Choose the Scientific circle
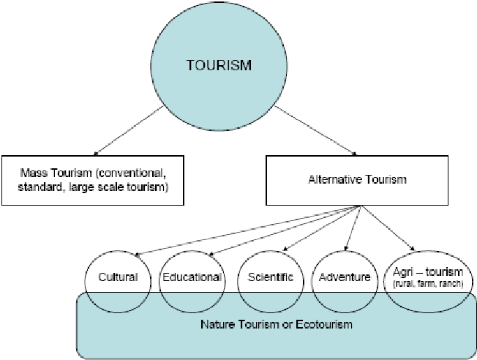(x=270, y=277)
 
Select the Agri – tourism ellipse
(x=427, y=277)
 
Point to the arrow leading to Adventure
(x=350, y=230)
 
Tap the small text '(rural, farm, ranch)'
(x=429, y=283)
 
